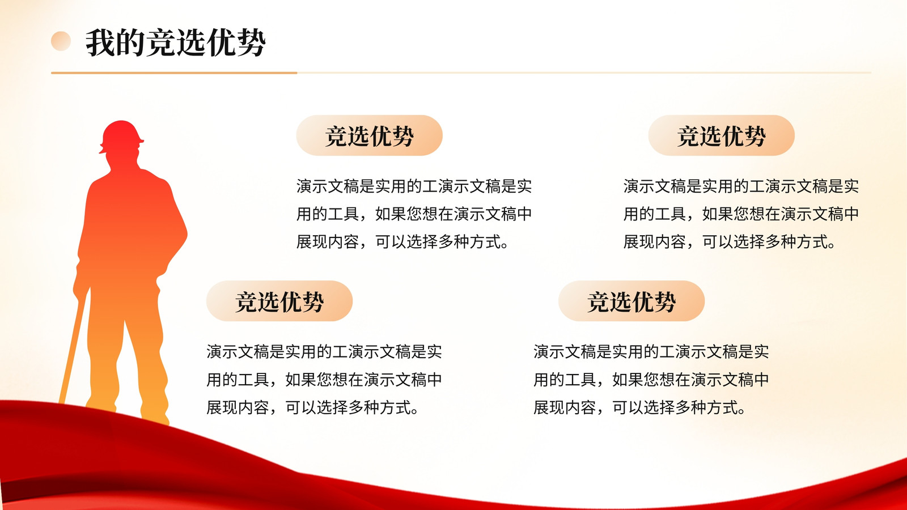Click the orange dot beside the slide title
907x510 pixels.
tap(61, 41)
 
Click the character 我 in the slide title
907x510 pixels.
tap(100, 42)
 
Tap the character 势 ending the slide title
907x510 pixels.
tap(252, 42)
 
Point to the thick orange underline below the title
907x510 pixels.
tap(174, 73)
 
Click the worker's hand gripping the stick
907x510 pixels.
tap(81, 287)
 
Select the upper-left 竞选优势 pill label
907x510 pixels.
tap(369, 135)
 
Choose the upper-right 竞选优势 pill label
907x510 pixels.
tap(721, 135)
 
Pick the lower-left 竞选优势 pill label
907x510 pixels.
tap(279, 301)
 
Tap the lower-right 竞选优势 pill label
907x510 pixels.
tap(631, 301)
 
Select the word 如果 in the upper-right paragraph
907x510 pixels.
tap(718, 214)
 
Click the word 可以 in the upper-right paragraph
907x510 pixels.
tap(718, 241)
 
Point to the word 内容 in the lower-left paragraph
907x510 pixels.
tap(253, 407)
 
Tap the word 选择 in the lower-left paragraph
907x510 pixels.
tap(332, 407)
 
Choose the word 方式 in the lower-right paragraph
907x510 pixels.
tap(722, 407)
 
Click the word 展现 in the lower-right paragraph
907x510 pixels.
tap(549, 407)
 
